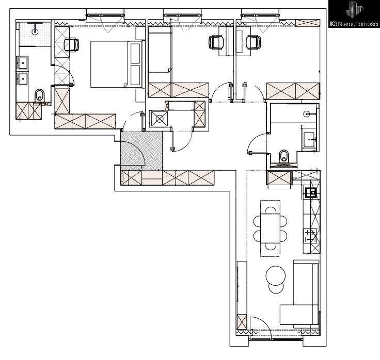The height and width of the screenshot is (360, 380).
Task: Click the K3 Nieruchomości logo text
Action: click(354, 24)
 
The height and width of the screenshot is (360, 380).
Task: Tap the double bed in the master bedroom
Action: click(116, 64)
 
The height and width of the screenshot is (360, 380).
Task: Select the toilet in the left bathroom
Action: click(40, 95)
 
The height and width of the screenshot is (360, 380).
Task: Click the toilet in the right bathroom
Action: click(284, 156)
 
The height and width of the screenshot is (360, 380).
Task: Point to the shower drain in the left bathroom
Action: click(35, 31)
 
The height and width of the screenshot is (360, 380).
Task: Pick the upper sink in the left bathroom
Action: click(23, 63)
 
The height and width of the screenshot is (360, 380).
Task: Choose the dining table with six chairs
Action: click(270, 228)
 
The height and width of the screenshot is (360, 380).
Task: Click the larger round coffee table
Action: click(276, 275)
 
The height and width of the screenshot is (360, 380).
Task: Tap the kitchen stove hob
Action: click(310, 236)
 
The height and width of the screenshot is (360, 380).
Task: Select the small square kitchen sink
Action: click(311, 193)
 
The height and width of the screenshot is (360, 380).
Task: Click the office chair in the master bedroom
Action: click(71, 44)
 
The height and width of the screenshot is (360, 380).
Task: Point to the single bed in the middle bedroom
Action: click(160, 50)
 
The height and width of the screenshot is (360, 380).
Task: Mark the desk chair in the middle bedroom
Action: click(216, 42)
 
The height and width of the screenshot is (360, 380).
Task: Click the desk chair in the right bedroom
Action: click(254, 43)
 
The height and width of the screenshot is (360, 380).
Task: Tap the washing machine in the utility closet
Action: click(159, 119)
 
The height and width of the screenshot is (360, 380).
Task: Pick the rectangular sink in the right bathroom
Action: click(309, 140)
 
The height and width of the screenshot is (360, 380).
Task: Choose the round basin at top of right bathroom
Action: click(307, 113)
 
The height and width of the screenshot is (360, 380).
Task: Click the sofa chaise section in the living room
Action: click(299, 315)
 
